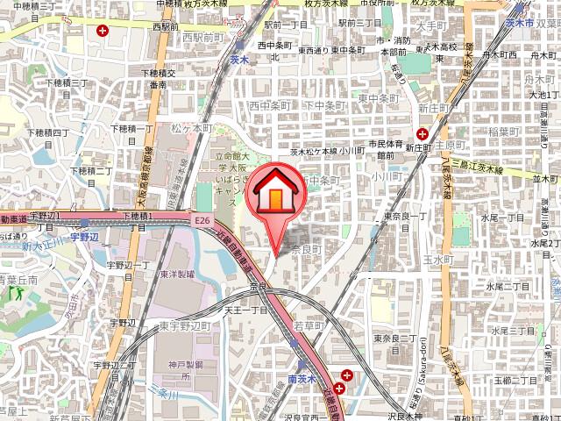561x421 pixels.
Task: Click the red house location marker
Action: click(274, 198)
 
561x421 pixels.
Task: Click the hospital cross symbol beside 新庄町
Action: click(423, 133)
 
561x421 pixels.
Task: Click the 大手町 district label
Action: click(432, 25)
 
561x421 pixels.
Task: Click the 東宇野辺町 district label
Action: click(187, 325)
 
